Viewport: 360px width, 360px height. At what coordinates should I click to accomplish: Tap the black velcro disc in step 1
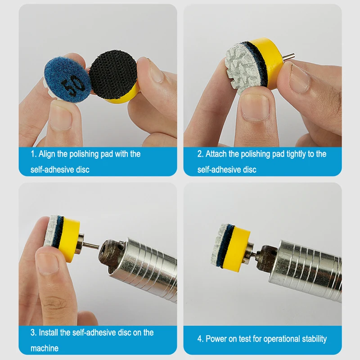(x=113, y=74)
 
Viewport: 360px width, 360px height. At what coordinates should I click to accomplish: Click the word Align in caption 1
(x=47, y=154)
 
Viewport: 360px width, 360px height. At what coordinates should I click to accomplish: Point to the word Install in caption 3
(x=48, y=333)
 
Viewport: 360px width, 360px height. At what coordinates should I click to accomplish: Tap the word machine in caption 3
(x=45, y=348)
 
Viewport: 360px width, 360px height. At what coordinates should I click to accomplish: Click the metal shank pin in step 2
(x=288, y=57)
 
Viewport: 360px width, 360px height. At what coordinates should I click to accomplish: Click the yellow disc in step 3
(x=69, y=239)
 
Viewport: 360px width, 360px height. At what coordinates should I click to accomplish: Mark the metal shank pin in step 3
(x=91, y=245)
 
